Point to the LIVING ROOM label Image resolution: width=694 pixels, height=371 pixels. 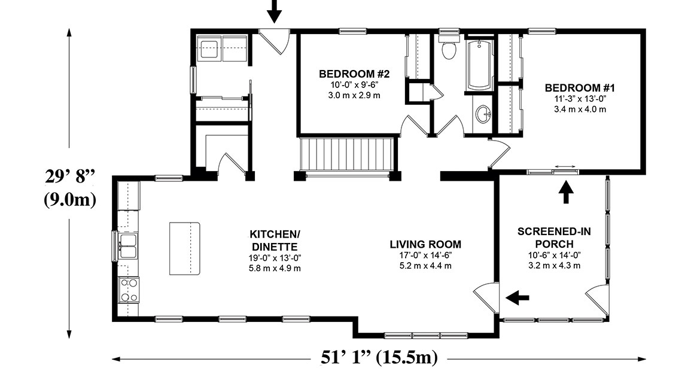(425, 244)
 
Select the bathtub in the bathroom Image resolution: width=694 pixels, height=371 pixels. (480, 65)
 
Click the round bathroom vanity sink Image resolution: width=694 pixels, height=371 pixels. (483, 113)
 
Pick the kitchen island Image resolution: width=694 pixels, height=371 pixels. (184, 248)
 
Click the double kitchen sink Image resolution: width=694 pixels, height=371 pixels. (127, 246)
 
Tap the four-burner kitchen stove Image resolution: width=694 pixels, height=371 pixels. (128, 290)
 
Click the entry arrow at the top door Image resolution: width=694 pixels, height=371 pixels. (273, 11)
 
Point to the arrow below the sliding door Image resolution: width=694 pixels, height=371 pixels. (566, 193)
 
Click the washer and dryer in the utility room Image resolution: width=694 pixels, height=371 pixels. (221, 48)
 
